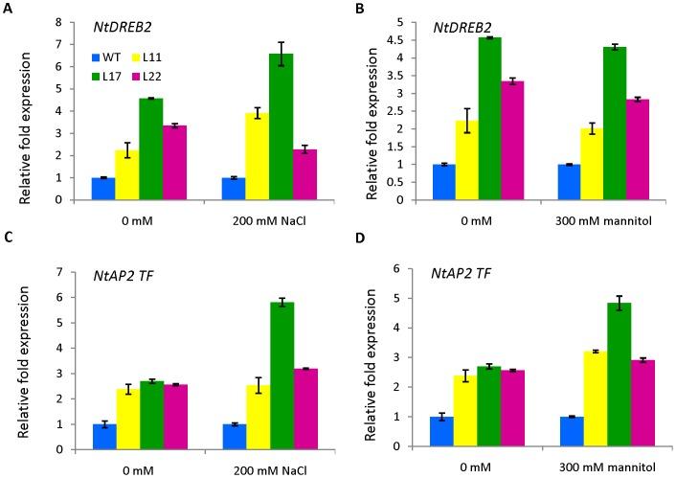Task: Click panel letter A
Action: point(8,9)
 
